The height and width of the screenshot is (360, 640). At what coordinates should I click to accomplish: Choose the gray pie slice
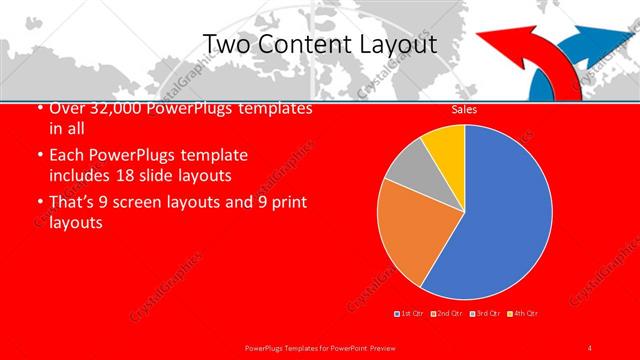click(x=406, y=169)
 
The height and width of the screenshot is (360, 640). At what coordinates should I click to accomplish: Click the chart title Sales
click(x=464, y=110)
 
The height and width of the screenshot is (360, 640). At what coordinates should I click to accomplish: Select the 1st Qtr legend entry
click(x=412, y=314)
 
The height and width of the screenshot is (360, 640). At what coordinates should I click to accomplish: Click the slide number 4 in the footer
click(x=590, y=347)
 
